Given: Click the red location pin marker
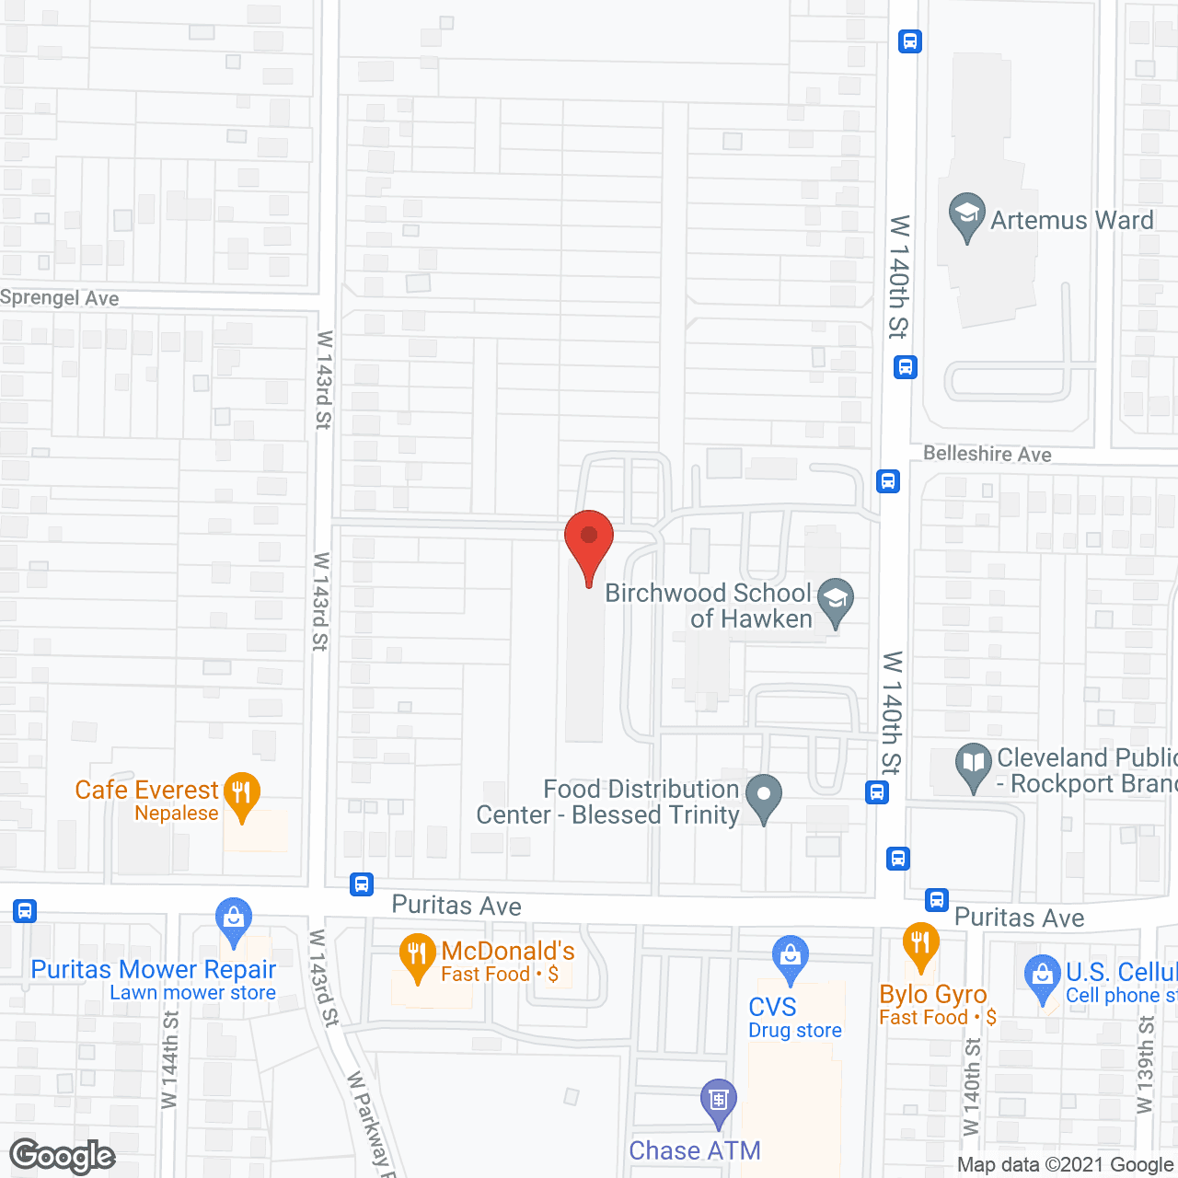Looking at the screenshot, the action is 589,543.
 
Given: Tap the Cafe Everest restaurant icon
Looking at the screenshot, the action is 241,793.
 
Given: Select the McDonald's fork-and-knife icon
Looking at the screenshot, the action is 418,955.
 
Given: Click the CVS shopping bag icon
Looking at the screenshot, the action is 790,957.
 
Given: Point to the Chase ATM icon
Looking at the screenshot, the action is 719,1101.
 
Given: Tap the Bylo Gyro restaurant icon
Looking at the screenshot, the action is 920,944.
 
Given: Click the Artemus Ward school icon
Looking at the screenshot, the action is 966,214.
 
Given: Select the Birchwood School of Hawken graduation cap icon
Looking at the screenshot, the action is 836,599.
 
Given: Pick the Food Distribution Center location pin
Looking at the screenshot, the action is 763,796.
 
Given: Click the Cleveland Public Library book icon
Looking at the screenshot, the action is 973,765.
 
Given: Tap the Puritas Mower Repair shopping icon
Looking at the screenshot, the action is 234,919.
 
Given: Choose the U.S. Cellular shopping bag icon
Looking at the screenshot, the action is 1042,977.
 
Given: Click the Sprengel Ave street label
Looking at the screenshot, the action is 60,298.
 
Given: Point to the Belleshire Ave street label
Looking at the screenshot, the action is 987,454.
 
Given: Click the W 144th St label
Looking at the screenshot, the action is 169,1059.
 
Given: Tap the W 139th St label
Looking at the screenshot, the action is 1145,1065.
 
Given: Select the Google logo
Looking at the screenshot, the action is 63,1156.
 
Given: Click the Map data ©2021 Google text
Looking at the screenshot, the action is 1065,1165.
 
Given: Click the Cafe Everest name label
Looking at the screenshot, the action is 146,791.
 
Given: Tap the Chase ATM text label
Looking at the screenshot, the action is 695,1150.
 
